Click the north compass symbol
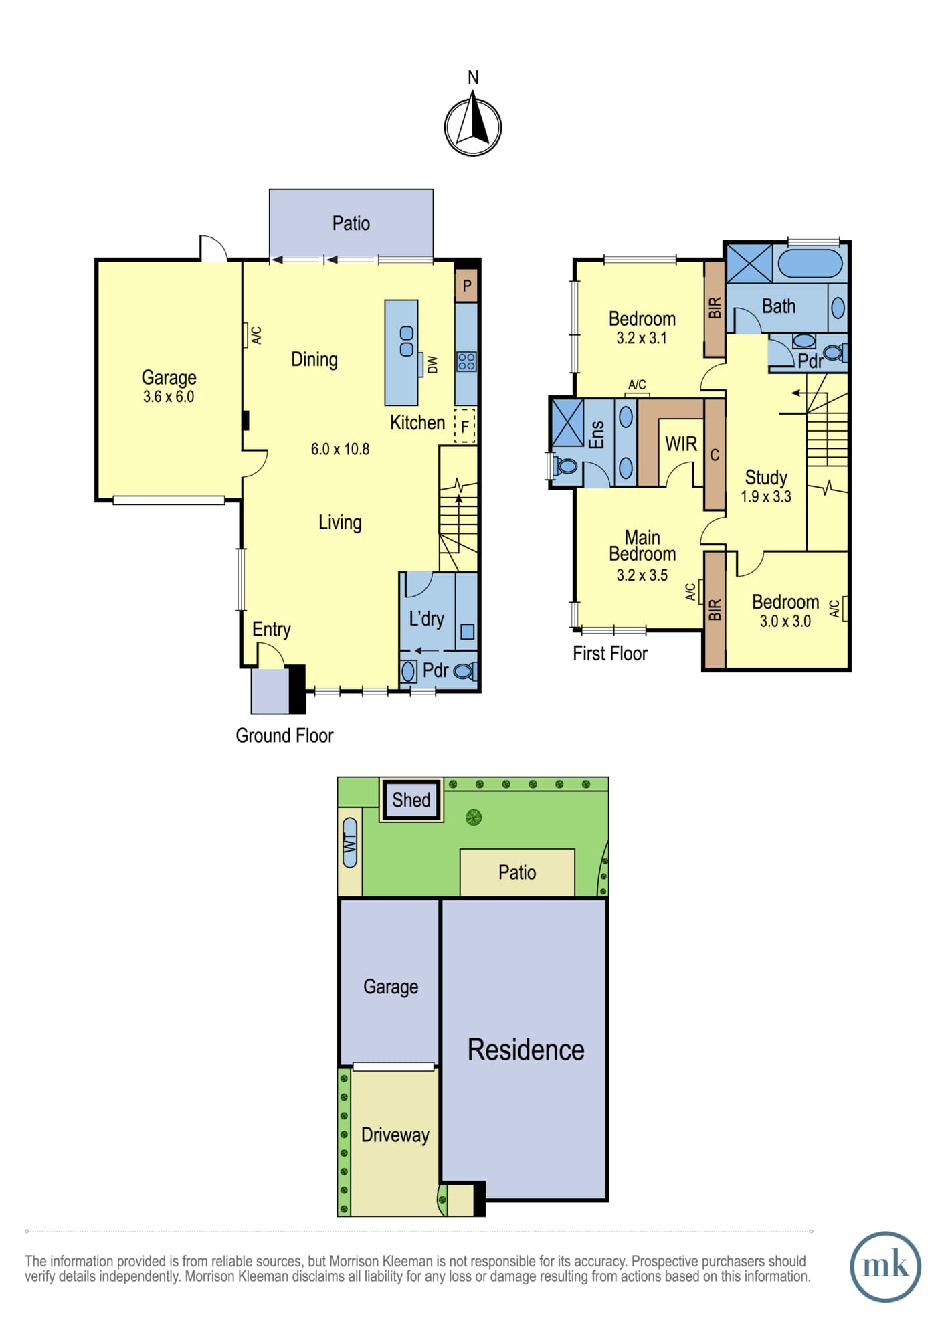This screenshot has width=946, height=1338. [473, 126]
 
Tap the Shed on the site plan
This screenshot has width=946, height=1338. [411, 799]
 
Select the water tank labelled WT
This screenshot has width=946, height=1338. [350, 842]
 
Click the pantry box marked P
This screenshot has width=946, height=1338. [466, 286]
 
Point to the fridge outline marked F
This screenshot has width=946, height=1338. [465, 425]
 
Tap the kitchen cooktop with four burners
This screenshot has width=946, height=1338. [466, 362]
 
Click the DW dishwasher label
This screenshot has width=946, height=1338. [432, 365]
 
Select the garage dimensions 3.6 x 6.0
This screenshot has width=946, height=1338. [169, 397]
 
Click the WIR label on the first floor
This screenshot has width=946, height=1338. [681, 444]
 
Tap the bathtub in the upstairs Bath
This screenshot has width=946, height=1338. [810, 264]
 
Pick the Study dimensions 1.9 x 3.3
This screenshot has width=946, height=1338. [766, 496]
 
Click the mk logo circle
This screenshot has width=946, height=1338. [885, 1266]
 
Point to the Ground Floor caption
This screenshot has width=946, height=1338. [284, 735]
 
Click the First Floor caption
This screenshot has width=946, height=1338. [610, 653]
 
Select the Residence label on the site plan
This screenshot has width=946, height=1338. [526, 1050]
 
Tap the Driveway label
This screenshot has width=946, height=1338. [395, 1135]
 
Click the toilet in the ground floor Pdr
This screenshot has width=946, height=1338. [465, 670]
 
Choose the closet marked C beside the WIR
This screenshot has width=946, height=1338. [715, 455]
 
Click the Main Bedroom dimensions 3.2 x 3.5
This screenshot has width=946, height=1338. [642, 575]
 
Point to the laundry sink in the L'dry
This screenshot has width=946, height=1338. [467, 631]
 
